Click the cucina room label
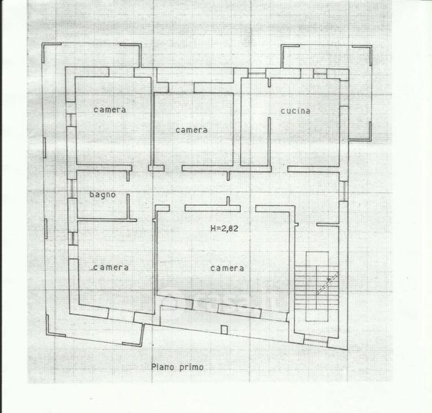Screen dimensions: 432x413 (296, 111)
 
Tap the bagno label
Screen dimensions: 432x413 (102, 195)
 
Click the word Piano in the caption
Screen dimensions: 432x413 (162, 367)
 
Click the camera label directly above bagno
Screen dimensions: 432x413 (110, 110)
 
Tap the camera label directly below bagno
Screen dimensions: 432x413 (111, 267)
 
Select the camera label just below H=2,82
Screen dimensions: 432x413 (228, 268)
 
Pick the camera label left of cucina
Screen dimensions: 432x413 (191, 129)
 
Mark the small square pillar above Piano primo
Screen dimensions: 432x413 (224, 330)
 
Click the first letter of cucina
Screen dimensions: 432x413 (283, 111)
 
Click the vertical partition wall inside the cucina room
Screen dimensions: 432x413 (269, 124)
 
